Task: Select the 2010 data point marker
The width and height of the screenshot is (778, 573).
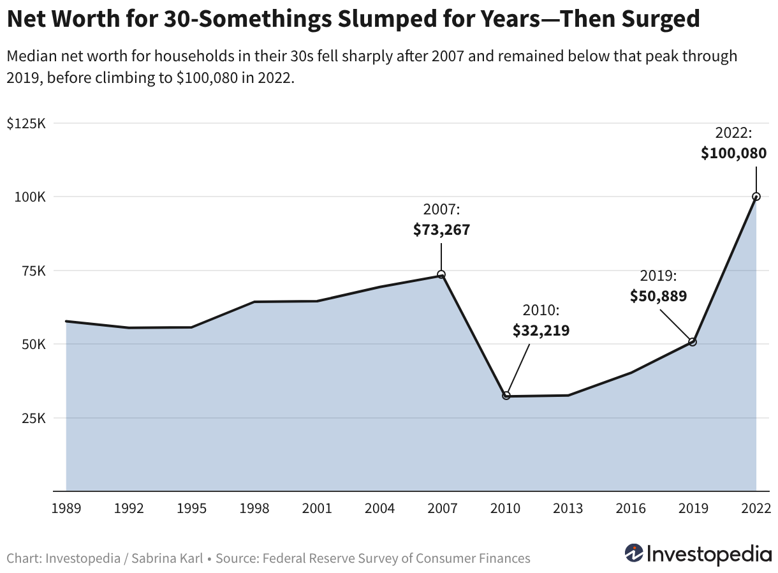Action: pos(506,396)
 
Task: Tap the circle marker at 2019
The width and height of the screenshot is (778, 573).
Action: pos(693,342)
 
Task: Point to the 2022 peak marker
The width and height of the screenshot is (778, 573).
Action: pos(756,197)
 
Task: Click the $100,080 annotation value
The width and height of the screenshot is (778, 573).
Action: pos(733,153)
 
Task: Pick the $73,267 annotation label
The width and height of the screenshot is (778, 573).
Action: pos(441,230)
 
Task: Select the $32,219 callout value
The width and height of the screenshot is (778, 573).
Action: pos(541,331)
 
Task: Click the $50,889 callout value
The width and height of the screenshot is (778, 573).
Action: pos(659,296)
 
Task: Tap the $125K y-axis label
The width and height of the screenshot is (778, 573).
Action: pos(26,123)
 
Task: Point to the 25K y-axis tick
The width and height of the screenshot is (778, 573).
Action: pos(34,419)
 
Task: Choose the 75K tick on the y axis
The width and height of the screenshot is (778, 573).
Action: pos(34,271)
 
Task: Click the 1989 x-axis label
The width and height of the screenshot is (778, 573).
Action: pos(66,509)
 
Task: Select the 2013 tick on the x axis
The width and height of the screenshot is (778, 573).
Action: pos(568,509)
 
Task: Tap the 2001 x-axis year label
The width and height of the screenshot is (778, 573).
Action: pos(317,509)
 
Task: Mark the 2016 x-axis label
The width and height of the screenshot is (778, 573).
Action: pos(631,509)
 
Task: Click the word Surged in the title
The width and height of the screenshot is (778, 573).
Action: pos(661,19)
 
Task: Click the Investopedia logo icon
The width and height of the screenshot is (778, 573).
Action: pos(634,553)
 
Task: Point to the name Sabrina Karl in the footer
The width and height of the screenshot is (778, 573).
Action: pos(167,558)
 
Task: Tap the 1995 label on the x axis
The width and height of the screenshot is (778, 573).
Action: pos(191,509)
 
